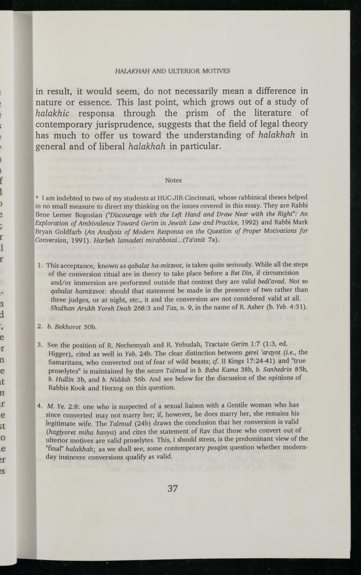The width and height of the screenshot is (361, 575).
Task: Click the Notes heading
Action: (173, 180)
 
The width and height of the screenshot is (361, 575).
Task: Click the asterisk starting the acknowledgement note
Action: (37, 199)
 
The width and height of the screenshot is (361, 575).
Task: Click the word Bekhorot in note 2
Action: (68, 327)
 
